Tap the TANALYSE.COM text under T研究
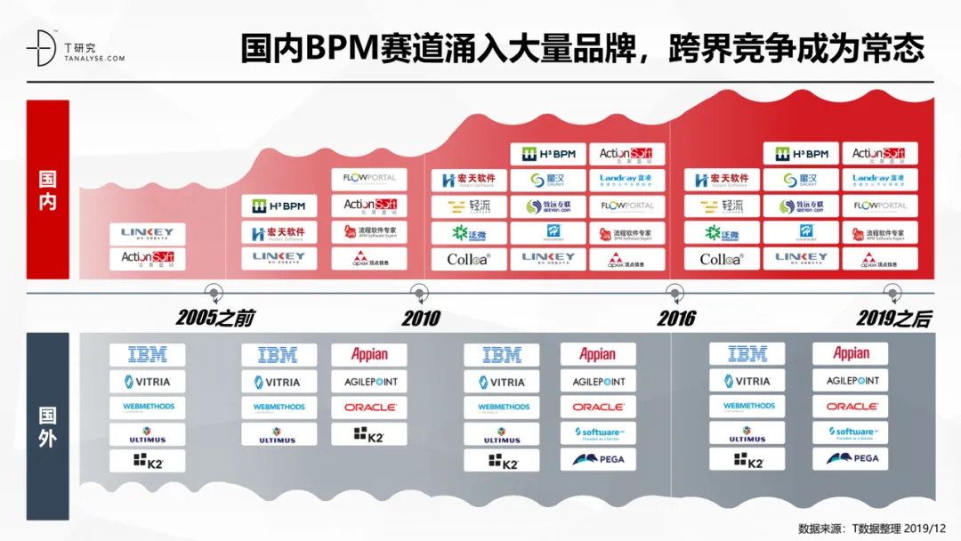(x=93, y=58)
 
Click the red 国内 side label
(x=47, y=190)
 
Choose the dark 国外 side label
(x=47, y=426)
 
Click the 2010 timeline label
(x=420, y=318)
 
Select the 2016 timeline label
(x=676, y=318)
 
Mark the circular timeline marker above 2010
(x=419, y=291)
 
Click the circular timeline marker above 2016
(x=675, y=291)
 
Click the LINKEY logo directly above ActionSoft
(x=148, y=233)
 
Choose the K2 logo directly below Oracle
(x=369, y=434)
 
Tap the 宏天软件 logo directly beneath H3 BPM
(x=279, y=232)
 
